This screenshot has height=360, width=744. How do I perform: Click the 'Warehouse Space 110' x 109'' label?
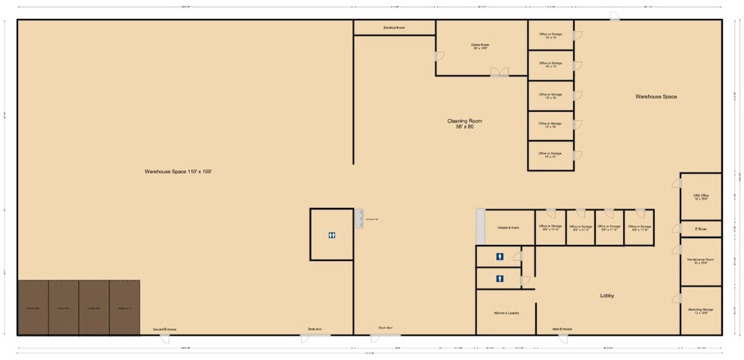click(x=178, y=172)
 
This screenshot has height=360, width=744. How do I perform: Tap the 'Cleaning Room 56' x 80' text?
click(x=464, y=123)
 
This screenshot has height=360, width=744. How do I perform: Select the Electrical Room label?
click(x=394, y=27)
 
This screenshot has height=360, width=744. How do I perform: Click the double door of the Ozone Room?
click(x=499, y=73)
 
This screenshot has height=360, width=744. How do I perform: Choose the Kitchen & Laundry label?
click(x=505, y=312)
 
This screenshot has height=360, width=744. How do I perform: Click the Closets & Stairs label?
click(x=507, y=227)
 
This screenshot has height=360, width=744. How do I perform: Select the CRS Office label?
click(x=700, y=197)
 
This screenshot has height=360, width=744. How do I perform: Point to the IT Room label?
click(x=700, y=228)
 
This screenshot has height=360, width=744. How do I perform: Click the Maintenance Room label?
click(x=700, y=261)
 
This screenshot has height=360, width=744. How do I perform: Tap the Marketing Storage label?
click(x=700, y=310)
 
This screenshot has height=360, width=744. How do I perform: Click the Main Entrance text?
click(x=562, y=329)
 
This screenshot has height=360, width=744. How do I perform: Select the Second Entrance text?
click(x=164, y=329)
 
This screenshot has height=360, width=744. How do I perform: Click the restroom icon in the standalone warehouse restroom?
click(x=332, y=235)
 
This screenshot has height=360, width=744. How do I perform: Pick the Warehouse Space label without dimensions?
click(x=656, y=97)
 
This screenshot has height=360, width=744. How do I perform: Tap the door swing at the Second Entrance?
click(x=164, y=338)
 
